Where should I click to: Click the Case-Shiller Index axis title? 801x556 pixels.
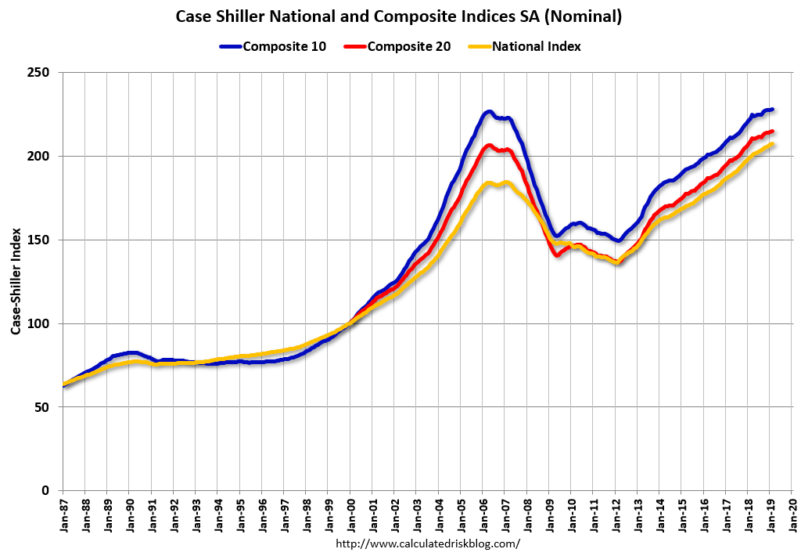coord(16,282)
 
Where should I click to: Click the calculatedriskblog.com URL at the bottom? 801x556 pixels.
coord(427,543)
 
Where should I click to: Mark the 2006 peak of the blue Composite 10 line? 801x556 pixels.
coord(488,112)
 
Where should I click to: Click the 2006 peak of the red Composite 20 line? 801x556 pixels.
coord(489,145)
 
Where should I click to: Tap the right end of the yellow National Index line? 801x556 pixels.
coord(771,144)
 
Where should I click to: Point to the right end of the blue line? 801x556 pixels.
coord(772,109)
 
